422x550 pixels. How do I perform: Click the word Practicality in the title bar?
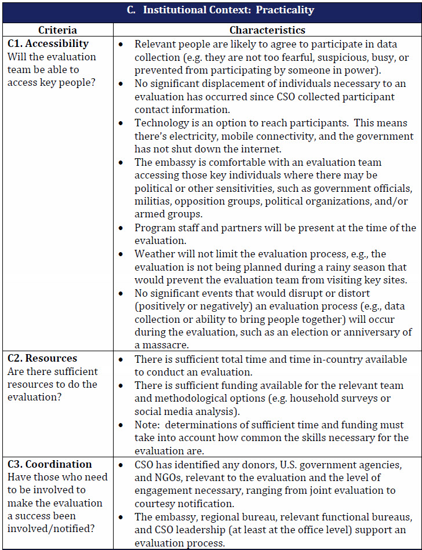pos(286,10)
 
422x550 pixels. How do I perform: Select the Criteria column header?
pos(57,30)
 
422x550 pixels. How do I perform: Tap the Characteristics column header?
pos(267,30)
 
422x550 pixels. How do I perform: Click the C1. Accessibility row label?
pos(48,43)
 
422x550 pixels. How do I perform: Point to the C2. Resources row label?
pos(42,358)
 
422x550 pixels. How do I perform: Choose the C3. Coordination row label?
pos(50,464)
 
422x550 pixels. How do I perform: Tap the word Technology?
pos(159,123)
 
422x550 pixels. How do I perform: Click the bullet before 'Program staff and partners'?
pos(121,228)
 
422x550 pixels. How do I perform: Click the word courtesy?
pos(157,504)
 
